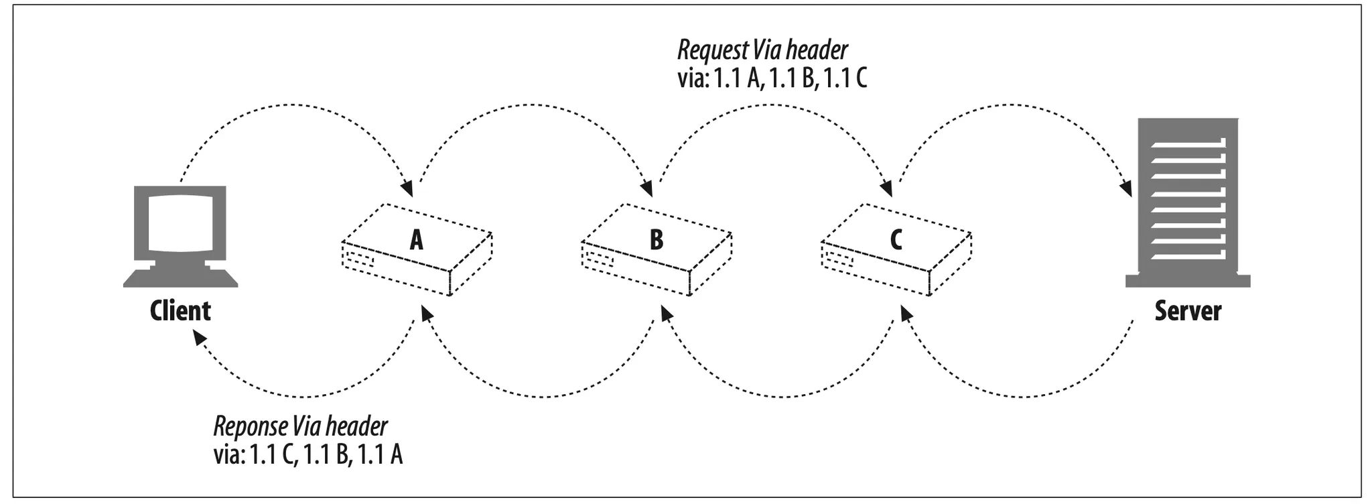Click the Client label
coord(180,311)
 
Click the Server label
coord(1188,311)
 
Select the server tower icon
coord(1188,201)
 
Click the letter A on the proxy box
coord(417,239)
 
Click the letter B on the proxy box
coord(657,239)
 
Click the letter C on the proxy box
coord(896,239)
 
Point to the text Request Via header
coord(762,50)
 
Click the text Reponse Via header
coord(300,427)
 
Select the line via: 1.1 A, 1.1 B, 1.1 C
coord(772,80)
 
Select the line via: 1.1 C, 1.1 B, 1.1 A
coord(308,456)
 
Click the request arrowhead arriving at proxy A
coord(406,188)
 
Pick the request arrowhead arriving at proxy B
coord(647,188)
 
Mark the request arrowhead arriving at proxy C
coord(888,188)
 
